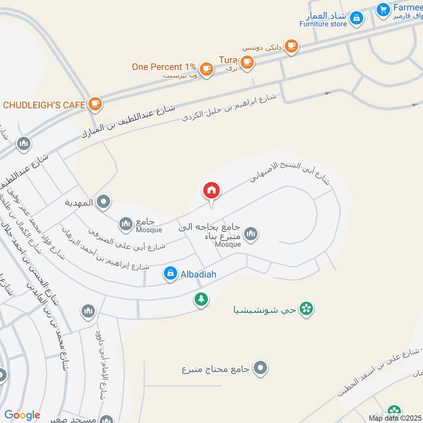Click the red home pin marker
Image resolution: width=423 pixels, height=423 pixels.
(x=212, y=191)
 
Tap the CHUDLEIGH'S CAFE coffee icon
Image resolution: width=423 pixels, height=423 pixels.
(x=95, y=104)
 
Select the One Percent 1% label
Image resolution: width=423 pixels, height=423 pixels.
(x=164, y=67)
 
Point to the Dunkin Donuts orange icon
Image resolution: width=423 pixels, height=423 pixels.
(x=290, y=47)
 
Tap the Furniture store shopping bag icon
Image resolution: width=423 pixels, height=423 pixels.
(x=357, y=19)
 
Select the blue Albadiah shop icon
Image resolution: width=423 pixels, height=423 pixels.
(x=170, y=273)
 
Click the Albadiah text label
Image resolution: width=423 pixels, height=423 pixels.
(x=198, y=274)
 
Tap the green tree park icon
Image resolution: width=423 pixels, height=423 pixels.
(x=201, y=299)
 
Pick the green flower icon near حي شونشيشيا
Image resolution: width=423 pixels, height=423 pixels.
(x=305, y=308)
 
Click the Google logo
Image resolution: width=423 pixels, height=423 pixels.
(x=22, y=415)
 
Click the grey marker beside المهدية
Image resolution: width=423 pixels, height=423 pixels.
(x=104, y=201)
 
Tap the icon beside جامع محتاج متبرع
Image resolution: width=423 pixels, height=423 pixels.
(x=260, y=368)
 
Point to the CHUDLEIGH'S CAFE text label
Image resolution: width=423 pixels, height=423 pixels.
(x=44, y=104)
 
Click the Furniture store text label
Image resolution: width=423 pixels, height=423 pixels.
(x=323, y=24)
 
